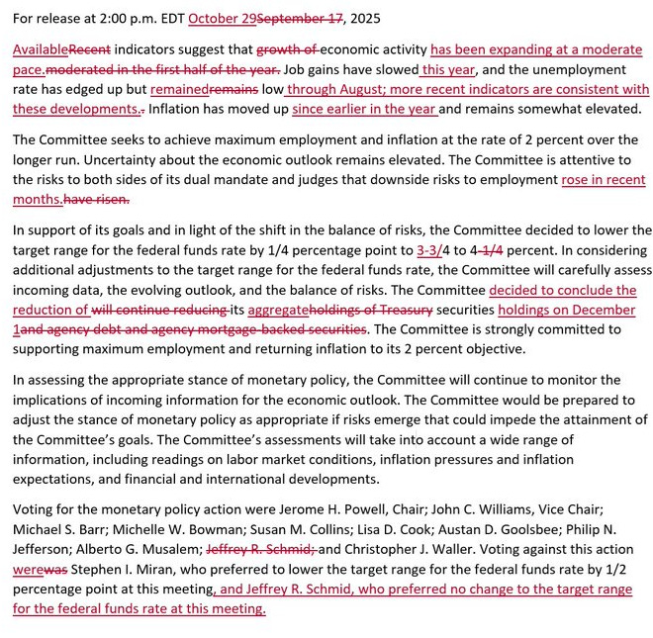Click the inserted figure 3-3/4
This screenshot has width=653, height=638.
point(432,250)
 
